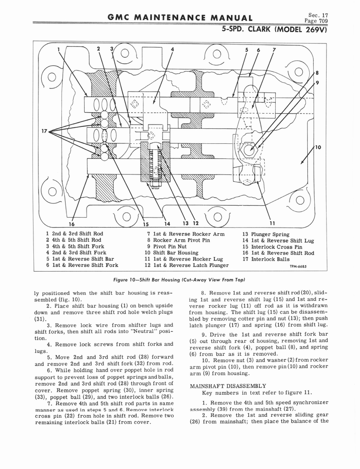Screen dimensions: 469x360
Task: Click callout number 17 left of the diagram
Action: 45,131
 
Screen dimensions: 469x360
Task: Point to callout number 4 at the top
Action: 172,49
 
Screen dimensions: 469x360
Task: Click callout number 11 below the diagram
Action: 273,224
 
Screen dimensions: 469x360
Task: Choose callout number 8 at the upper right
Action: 316,72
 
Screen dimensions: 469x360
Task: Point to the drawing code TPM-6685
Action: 298,266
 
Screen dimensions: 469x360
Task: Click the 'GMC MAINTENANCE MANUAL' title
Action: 179,18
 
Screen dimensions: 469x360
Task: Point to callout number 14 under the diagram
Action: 167,224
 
